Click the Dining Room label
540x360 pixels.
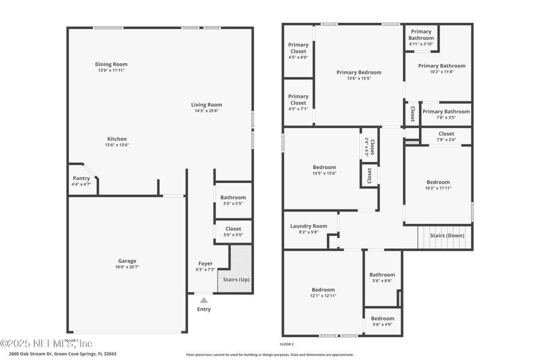click(111, 64)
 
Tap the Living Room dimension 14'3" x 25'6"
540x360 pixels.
click(206, 110)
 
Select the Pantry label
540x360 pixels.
click(81, 178)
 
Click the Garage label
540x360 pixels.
click(127, 260)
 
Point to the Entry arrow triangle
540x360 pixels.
click(204, 300)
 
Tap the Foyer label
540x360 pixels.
click(205, 263)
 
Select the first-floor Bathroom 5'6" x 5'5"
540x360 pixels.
click(233, 200)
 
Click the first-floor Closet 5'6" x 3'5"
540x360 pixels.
click(233, 231)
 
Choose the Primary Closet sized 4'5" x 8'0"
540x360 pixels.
click(298, 51)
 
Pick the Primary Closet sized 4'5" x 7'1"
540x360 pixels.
click(298, 102)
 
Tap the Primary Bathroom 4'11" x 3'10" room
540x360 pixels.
click(421, 37)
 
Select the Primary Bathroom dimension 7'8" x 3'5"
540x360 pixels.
click(446, 117)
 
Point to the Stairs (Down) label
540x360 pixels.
click(447, 235)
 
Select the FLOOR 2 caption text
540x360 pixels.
click(287, 344)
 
